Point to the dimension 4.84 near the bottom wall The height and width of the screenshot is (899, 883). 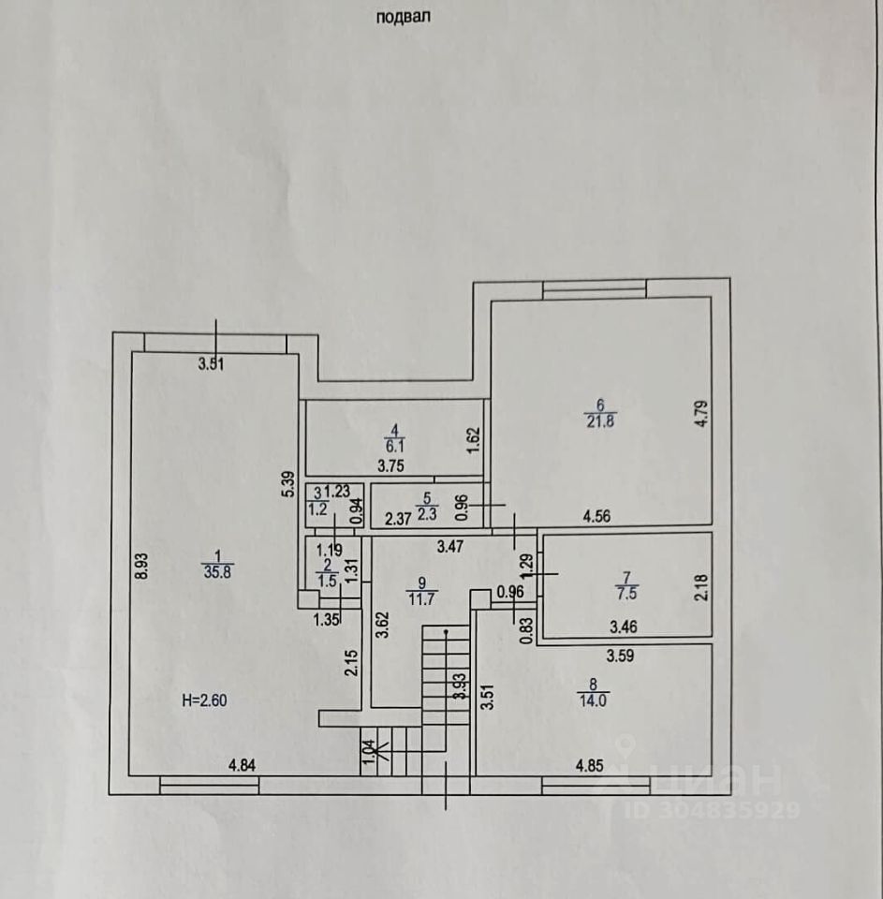point(243,765)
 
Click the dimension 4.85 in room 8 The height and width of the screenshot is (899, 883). point(589,765)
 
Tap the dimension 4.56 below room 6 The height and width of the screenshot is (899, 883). point(598,514)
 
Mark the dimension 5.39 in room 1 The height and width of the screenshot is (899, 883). point(289,483)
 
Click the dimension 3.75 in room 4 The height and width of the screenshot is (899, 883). point(392,464)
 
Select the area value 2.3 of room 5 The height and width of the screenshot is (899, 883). point(428,513)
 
